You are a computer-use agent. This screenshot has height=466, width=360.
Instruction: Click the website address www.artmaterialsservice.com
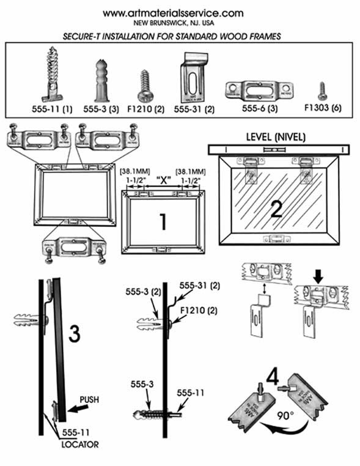[173, 13]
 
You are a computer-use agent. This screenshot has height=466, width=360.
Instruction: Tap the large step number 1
[163, 222]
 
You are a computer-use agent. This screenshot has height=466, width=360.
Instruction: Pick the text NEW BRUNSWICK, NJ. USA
[173, 24]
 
